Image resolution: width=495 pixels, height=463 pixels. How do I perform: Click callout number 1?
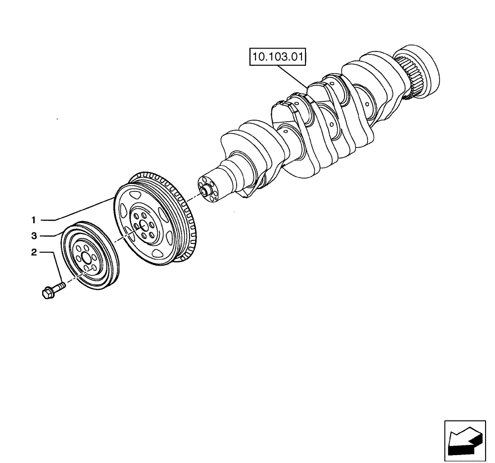coord(34,219)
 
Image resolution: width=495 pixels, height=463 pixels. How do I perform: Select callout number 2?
coord(34,253)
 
